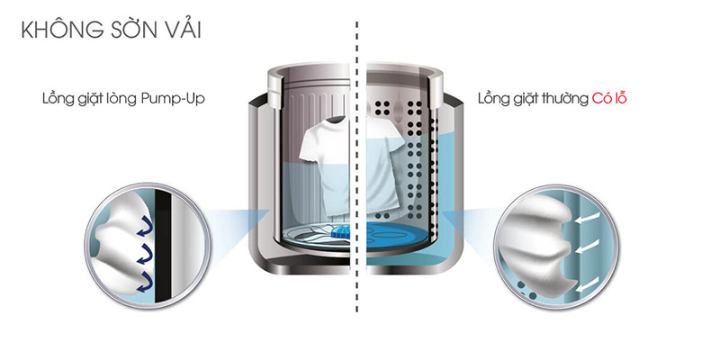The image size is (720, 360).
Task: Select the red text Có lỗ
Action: click(609, 98)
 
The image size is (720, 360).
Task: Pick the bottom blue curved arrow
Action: click(145, 282)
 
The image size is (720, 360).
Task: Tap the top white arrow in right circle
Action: click(588, 217)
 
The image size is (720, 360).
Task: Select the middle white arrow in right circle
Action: click(588, 247)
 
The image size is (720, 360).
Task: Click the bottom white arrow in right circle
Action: click(588, 283)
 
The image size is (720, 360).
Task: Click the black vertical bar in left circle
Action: click(163, 246)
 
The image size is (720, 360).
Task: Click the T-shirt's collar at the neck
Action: click(337, 120)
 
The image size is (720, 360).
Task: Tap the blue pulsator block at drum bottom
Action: click(341, 230)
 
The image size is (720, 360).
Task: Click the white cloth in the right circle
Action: click(536, 242)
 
